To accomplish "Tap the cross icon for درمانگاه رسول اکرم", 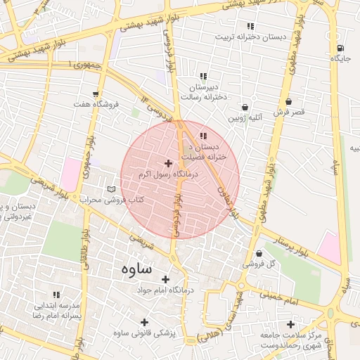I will click(168, 163).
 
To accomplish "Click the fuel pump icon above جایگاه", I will click(341, 49).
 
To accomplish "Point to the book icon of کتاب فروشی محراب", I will click(110, 189).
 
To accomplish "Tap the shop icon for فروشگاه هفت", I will click(95, 94).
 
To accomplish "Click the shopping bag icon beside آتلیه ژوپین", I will click(244, 107).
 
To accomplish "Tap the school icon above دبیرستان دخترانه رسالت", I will click(203, 76).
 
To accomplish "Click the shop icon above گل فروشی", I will click(259, 253).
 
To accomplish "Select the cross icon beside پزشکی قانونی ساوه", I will click(144, 322).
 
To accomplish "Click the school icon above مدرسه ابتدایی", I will click(56, 295).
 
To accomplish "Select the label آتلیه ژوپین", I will click(244, 118).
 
